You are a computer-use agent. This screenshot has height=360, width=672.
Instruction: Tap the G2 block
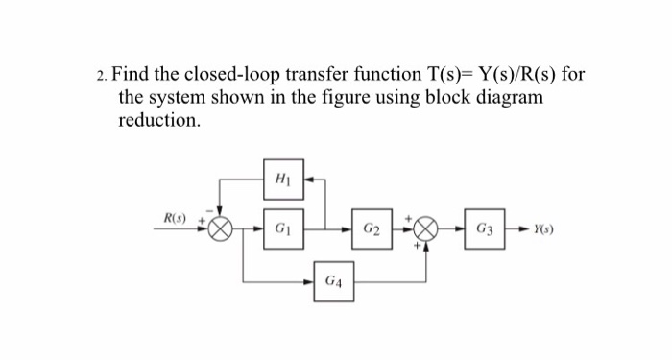coord(372,231)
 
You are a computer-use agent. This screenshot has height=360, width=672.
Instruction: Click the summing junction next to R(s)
coord(222,231)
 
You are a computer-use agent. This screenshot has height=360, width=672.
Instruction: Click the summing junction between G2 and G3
coord(426,231)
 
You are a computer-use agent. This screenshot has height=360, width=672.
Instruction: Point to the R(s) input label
coord(175,220)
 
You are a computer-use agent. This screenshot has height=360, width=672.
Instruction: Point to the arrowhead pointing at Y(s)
coord(521,231)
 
